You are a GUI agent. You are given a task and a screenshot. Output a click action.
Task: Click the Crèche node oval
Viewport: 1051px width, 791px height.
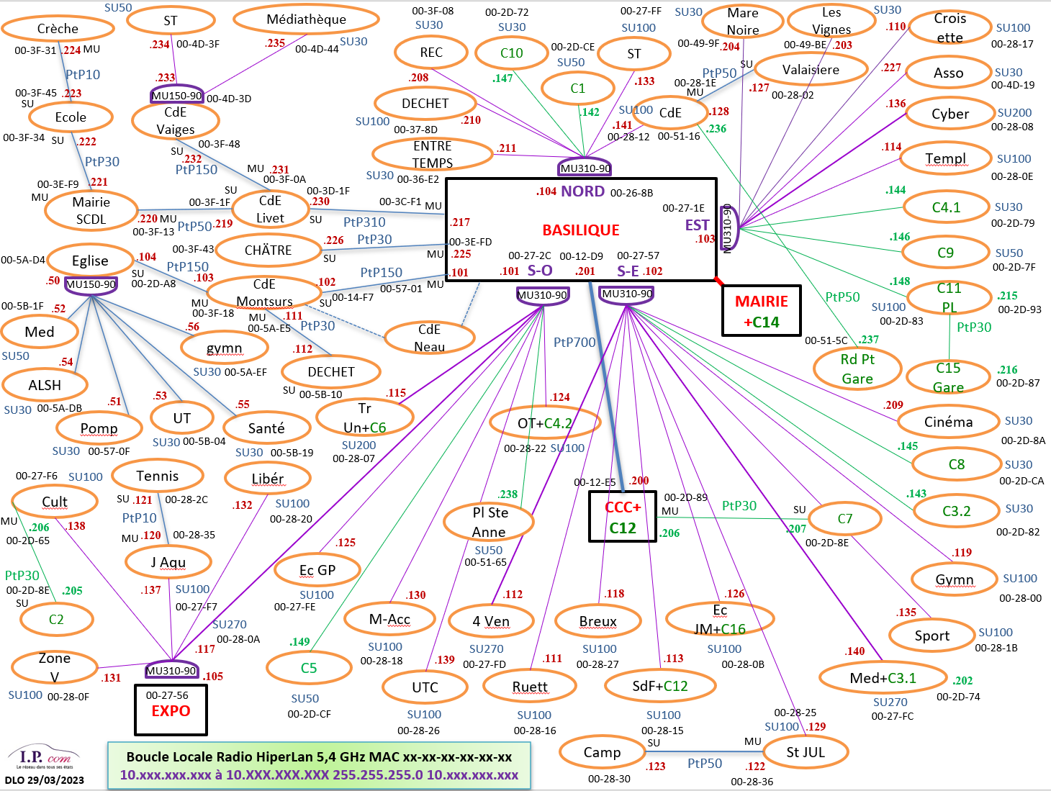click(x=58, y=29)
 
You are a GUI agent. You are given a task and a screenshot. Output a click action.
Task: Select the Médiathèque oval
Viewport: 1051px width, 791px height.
click(x=306, y=19)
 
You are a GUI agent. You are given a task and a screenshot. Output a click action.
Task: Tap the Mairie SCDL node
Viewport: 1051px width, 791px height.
click(x=91, y=210)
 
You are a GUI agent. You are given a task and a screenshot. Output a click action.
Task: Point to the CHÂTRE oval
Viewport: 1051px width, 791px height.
click(x=268, y=250)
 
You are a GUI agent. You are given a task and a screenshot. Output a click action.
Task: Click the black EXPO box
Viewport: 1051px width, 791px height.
click(x=171, y=710)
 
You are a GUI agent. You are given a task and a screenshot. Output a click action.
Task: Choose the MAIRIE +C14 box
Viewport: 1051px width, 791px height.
click(x=761, y=311)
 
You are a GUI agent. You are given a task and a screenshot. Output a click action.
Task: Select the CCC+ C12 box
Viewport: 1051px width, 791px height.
click(x=623, y=517)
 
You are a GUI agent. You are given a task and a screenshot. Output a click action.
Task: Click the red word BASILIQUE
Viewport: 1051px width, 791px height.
click(x=581, y=230)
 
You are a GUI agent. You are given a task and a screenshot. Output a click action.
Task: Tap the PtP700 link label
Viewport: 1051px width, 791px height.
click(x=574, y=343)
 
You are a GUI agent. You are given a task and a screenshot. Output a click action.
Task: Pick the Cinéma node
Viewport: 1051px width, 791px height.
click(x=948, y=422)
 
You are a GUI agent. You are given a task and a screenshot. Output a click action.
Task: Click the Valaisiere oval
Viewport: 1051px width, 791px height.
click(x=811, y=70)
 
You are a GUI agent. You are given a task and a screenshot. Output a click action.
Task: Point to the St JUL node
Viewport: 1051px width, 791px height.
click(x=806, y=752)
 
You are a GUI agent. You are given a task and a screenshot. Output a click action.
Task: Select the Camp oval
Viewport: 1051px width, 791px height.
click(x=602, y=752)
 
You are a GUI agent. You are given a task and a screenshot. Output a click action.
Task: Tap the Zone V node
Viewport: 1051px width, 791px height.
click(x=55, y=667)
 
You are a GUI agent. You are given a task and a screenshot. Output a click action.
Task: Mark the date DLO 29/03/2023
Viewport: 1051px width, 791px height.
click(x=45, y=780)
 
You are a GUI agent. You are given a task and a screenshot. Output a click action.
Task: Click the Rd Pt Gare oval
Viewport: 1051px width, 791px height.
click(x=857, y=369)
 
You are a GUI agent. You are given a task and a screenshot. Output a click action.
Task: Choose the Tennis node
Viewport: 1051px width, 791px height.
click(x=157, y=476)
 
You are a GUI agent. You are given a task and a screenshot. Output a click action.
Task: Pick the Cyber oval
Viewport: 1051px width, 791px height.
click(x=950, y=114)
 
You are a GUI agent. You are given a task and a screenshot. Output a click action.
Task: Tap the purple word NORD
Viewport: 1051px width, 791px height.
click(x=582, y=191)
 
